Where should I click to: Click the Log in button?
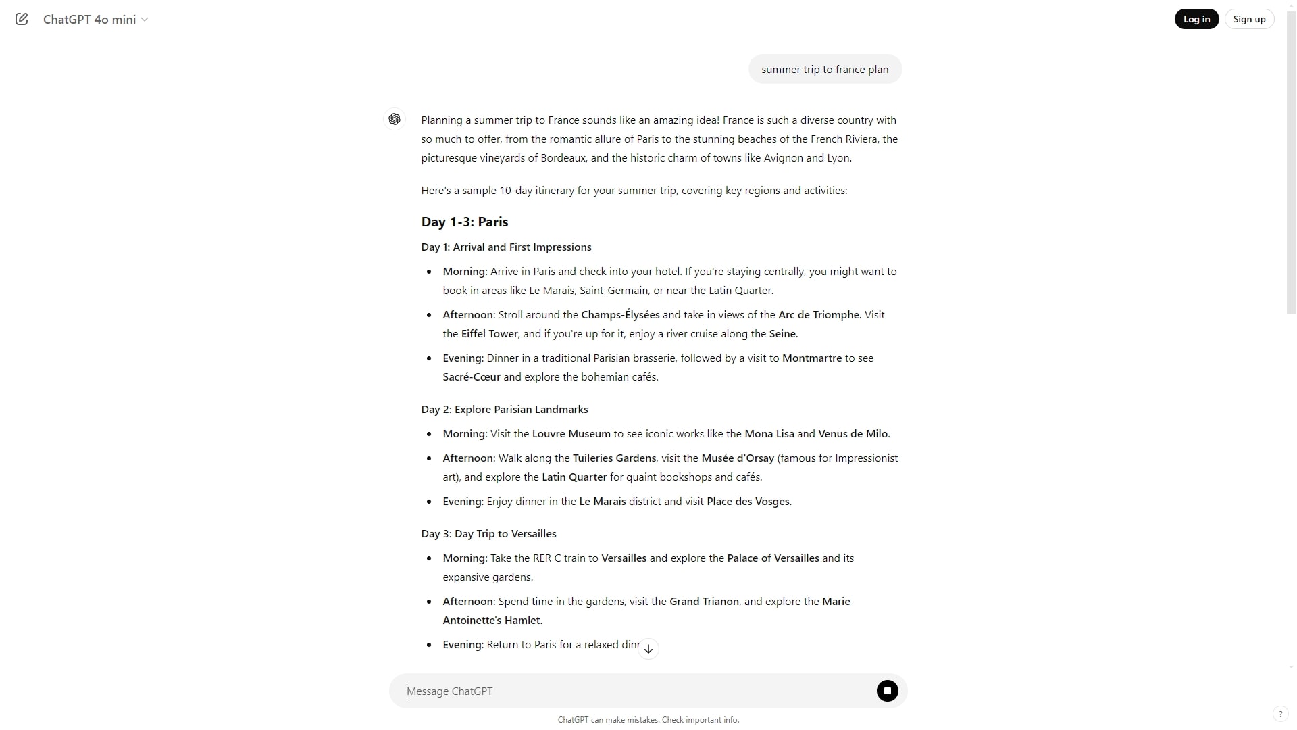pyautogui.click(x=1196, y=19)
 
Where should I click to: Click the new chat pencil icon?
pyautogui.click(x=22, y=19)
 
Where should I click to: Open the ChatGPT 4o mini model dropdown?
pyautogui.click(x=95, y=20)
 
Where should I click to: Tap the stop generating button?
pyautogui.click(x=887, y=691)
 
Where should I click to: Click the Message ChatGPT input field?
pyautogui.click(x=635, y=691)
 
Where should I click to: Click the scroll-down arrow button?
pyautogui.click(x=648, y=649)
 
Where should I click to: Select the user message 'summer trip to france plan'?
pyautogui.click(x=825, y=70)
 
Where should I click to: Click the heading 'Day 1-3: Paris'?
pyautogui.click(x=465, y=222)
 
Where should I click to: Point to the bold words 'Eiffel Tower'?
pyautogui.click(x=489, y=334)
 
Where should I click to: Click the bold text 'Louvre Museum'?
pyautogui.click(x=571, y=434)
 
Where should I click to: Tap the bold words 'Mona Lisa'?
pyautogui.click(x=769, y=434)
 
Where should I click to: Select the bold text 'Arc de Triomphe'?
pyautogui.click(x=819, y=315)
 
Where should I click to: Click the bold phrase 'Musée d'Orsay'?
pyautogui.click(x=738, y=458)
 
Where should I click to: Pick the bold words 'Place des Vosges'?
pyautogui.click(x=748, y=502)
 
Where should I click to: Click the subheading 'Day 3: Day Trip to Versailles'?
pyautogui.click(x=489, y=534)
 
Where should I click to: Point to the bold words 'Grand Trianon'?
pyautogui.click(x=704, y=602)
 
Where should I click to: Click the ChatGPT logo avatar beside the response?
pyautogui.click(x=395, y=120)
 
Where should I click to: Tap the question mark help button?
pyautogui.click(x=1280, y=714)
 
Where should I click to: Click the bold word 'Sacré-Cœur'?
pyautogui.click(x=472, y=377)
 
